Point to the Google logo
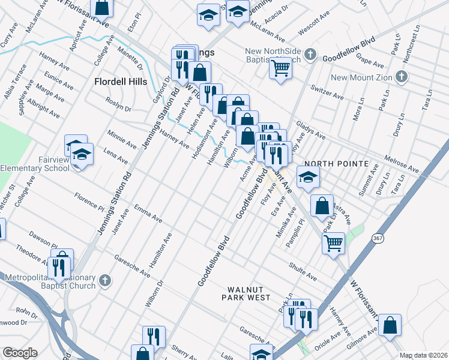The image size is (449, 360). [20, 353]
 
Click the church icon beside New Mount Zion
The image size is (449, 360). [402, 77]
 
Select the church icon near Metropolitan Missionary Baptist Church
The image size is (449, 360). [104, 280]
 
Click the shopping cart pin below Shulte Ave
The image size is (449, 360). [333, 243]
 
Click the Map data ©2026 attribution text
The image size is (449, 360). [423, 355]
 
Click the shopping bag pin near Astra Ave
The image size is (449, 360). [322, 206]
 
